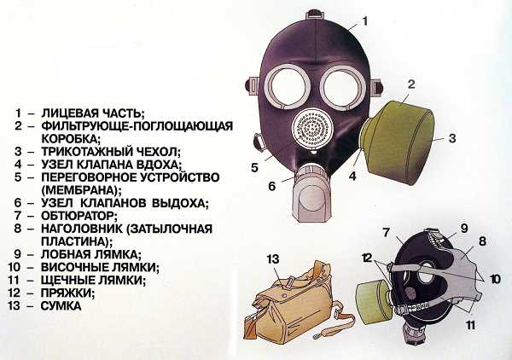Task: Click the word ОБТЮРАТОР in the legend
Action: click(x=79, y=216)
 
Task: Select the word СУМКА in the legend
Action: click(x=61, y=305)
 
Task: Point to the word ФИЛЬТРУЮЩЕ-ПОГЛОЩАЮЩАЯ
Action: click(x=137, y=126)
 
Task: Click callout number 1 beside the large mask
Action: click(x=365, y=21)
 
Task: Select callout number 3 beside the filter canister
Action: click(x=452, y=138)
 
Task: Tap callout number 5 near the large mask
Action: click(x=254, y=168)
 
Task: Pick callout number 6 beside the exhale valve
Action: click(x=272, y=186)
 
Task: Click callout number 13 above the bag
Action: click(x=273, y=258)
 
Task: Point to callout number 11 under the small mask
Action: click(x=470, y=325)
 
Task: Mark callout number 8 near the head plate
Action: click(x=482, y=241)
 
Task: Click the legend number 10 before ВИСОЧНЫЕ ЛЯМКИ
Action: click(x=15, y=267)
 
